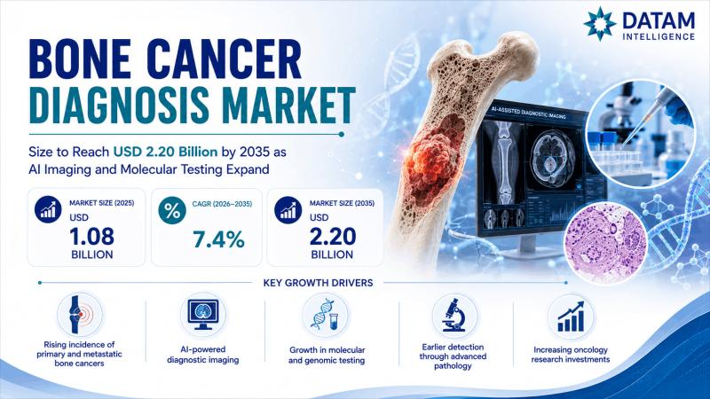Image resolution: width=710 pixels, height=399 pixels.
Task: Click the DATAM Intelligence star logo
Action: coord(599,24)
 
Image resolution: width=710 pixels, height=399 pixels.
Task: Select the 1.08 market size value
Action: coord(92,237)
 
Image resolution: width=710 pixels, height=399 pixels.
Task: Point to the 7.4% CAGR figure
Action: coord(218,239)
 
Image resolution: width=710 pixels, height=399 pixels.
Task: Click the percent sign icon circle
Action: coord(172,211)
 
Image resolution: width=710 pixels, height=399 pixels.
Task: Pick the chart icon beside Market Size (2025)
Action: coord(48,209)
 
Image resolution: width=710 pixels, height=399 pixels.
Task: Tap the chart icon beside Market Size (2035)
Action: coord(288,210)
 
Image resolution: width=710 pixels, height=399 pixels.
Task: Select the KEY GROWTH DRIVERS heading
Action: coord(318,283)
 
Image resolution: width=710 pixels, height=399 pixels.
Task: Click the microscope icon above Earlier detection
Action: coord(454,315)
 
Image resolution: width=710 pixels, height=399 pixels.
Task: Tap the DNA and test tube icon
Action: coord(325,315)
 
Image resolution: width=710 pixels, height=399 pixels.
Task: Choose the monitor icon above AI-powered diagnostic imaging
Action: coord(203,315)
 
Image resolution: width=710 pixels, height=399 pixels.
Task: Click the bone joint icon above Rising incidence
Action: coord(80,314)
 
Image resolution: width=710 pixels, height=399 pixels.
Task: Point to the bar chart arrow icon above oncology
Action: coord(571,317)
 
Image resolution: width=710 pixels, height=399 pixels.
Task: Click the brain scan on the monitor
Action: coord(549,160)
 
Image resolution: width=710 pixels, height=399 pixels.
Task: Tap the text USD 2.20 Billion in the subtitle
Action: coord(165,152)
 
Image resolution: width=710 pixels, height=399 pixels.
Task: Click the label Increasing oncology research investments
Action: coord(571,355)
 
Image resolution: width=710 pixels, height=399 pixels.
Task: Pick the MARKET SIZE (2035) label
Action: coord(342,203)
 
